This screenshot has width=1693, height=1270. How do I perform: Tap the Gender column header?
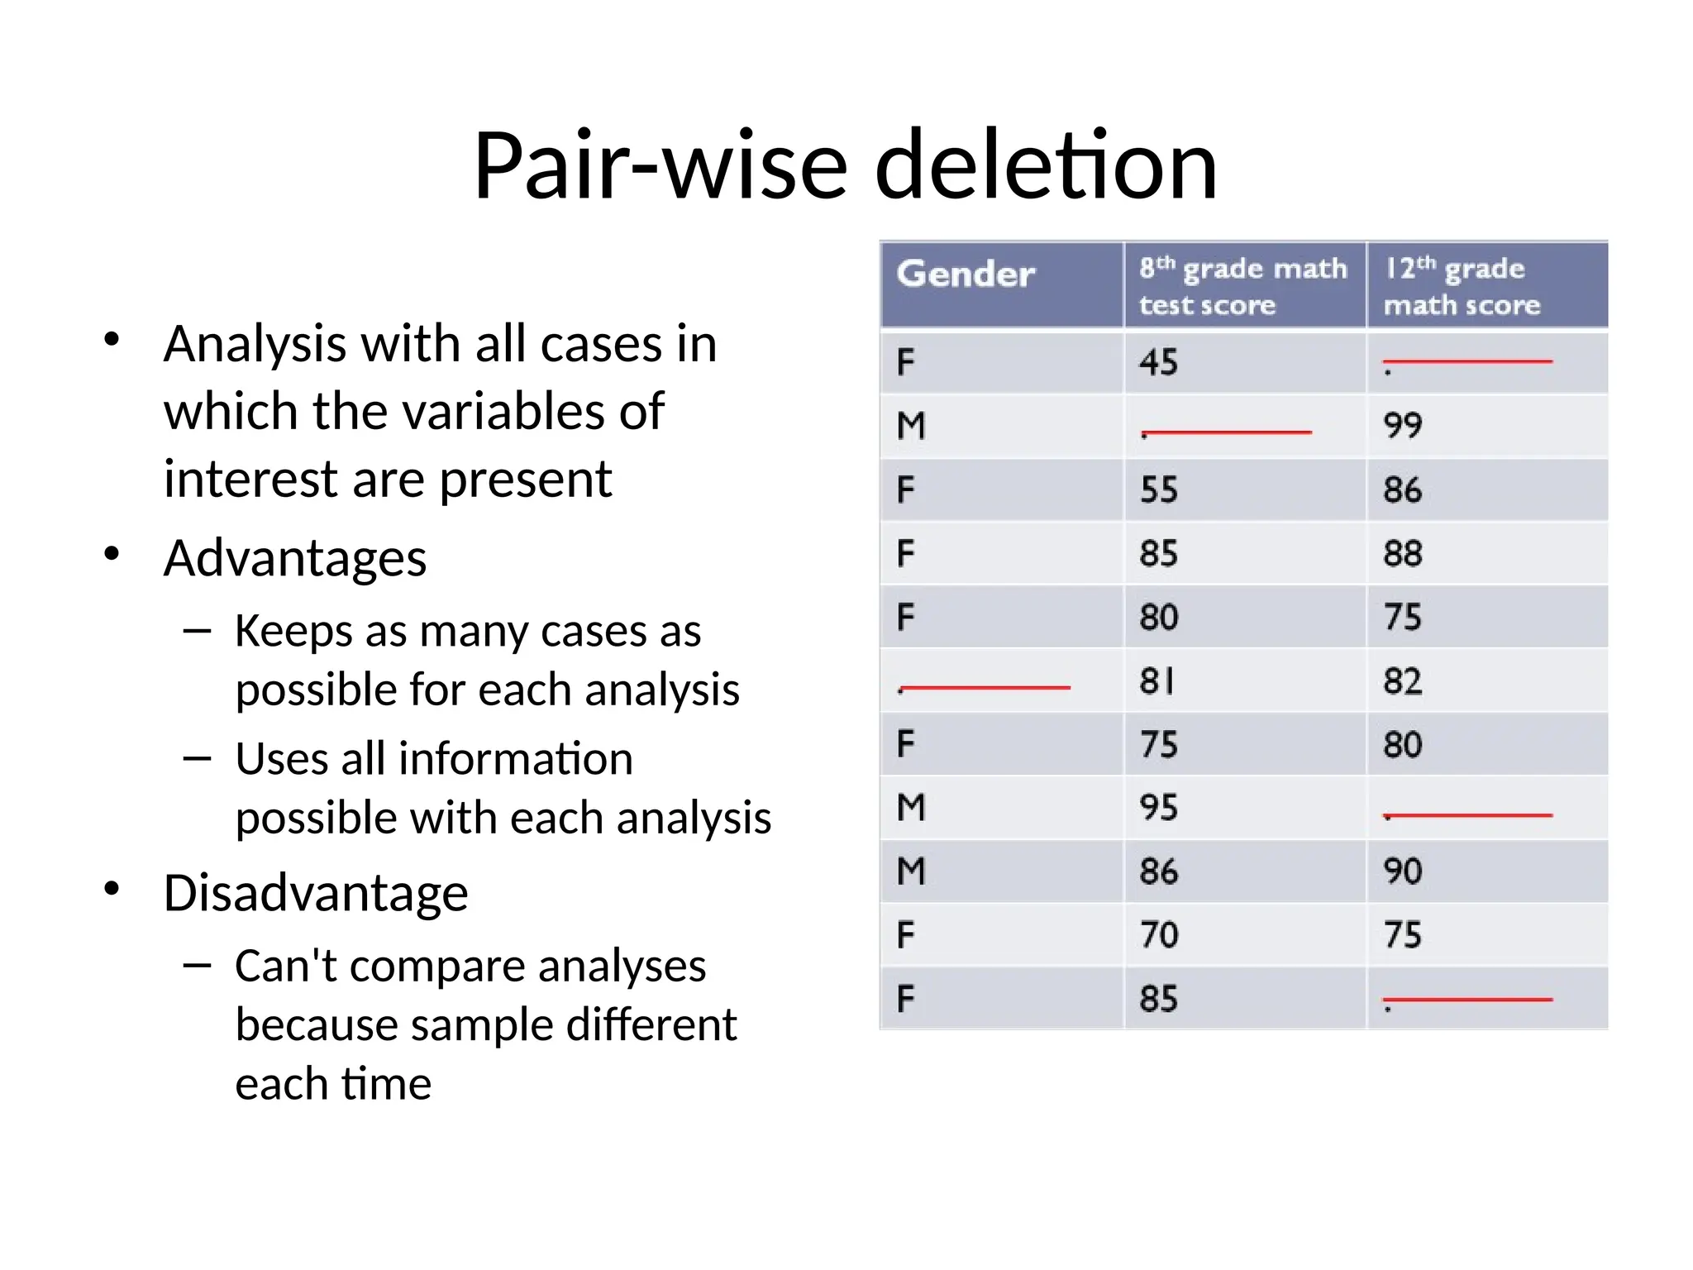pos(965,275)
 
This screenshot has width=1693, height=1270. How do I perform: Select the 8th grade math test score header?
pos(1242,285)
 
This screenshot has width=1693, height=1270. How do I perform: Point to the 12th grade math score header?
pos(1462,285)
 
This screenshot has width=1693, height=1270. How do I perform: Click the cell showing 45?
pos(1158,362)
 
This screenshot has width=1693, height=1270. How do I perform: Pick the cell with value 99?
pos(1403,426)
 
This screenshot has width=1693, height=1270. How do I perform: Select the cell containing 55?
pos(1158,489)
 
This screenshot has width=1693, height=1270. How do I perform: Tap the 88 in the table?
pos(1403,553)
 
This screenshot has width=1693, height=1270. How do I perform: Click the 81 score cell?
pos(1156,681)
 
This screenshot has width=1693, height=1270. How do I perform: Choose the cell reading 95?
pos(1158,808)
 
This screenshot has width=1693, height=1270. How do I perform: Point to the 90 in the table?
pos(1403,871)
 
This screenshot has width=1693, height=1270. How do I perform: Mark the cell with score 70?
pos(1158,935)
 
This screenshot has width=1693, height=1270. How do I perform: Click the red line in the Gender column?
pos(985,687)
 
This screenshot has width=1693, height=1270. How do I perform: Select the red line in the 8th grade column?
pos(1227,432)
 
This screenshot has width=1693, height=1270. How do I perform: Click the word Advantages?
pos(295,558)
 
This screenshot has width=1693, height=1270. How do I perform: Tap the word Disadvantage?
pos(316,893)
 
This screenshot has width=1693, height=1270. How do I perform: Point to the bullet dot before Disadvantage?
pos(112,889)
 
